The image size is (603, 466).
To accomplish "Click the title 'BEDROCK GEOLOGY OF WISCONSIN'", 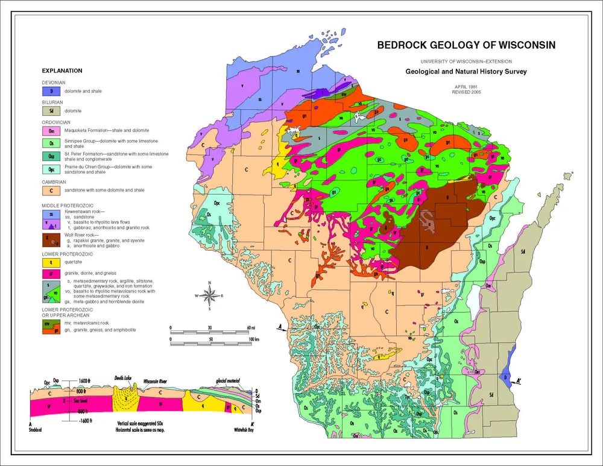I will [x=466, y=45].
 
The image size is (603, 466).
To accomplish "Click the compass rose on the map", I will [x=209, y=295].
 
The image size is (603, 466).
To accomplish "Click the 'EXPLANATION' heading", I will [x=58, y=71].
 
